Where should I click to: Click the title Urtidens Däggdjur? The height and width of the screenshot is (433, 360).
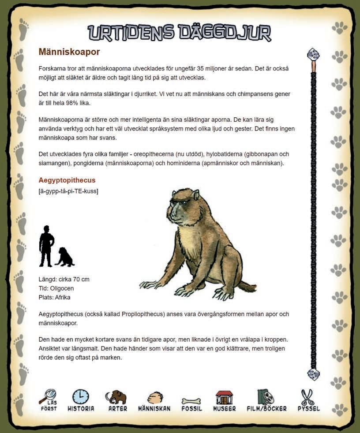tap(179, 33)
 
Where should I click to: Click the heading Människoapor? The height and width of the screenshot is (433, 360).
tap(69, 52)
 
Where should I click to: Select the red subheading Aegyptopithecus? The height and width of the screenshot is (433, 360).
tap(67, 180)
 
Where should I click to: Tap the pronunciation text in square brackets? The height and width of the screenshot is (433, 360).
tap(68, 191)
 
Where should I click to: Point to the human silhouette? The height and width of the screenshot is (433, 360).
tap(46, 246)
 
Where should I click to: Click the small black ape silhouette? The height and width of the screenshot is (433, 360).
tap(65, 257)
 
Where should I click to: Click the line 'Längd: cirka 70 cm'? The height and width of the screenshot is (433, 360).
tap(64, 280)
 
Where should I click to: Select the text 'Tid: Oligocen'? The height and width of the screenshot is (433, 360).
tap(56, 288)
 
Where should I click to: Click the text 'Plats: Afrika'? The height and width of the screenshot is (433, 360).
tap(55, 297)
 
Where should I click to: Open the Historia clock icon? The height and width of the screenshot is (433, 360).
tap(81, 397)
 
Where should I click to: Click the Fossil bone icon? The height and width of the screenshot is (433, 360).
tap(191, 401)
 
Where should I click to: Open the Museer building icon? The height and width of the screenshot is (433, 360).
tap(224, 397)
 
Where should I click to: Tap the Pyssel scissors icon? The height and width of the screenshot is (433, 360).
tap(307, 397)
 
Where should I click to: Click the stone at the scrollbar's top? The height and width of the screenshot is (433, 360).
tap(313, 55)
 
